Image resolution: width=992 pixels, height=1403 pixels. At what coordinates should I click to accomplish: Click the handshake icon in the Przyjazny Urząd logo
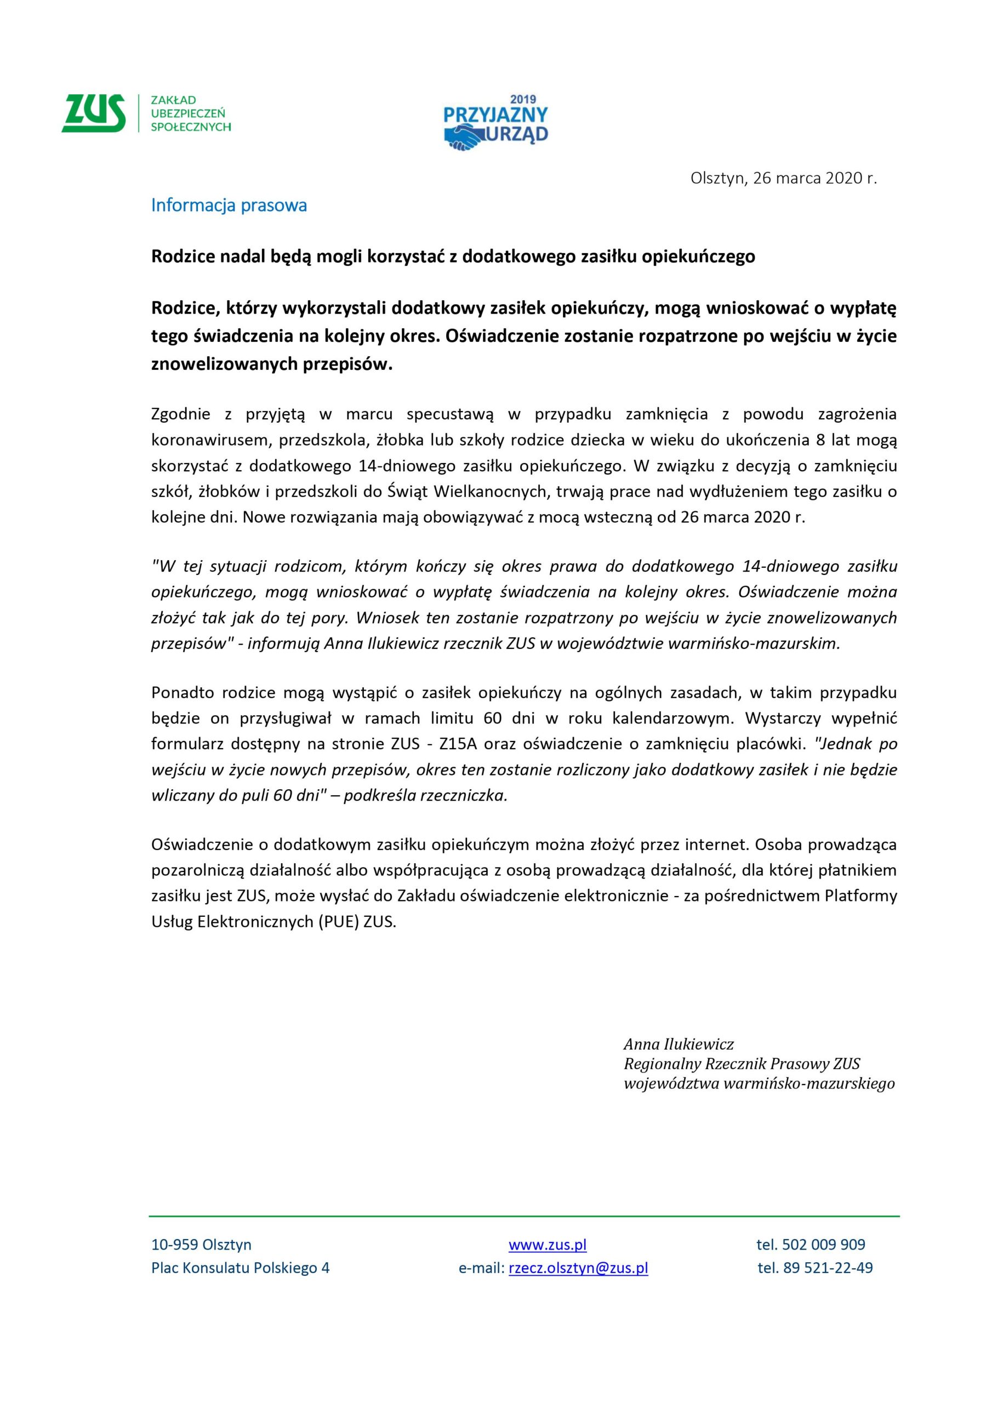[466, 138]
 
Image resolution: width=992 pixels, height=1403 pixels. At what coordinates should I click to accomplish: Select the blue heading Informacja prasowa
[229, 206]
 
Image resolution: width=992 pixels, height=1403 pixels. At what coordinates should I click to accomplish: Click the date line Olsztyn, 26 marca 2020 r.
[784, 179]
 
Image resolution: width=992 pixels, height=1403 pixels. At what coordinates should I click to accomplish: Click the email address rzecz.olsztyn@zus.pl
[578, 1268]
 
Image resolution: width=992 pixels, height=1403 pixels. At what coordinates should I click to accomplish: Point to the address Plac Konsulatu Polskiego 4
[240, 1268]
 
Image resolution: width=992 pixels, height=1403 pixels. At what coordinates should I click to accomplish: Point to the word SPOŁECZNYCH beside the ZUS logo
[191, 127]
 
